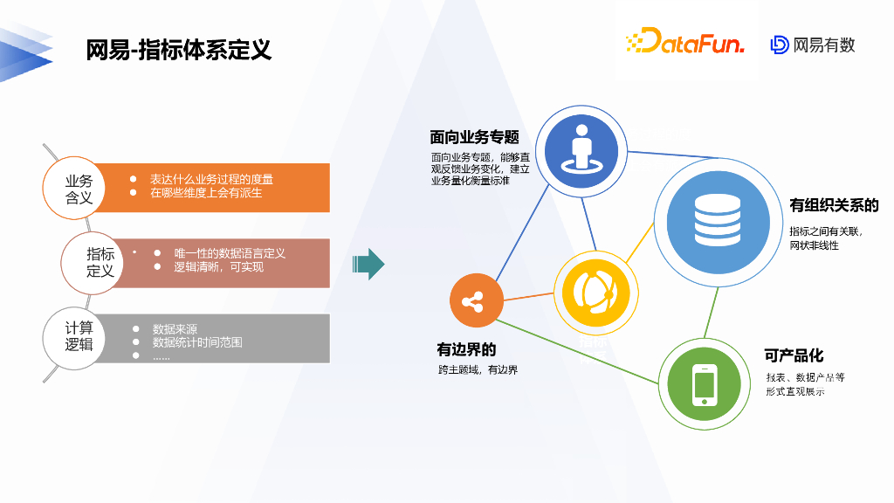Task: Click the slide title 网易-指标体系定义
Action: [179, 50]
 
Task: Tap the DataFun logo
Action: [684, 41]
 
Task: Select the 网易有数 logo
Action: [813, 45]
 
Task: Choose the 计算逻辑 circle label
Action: [79, 336]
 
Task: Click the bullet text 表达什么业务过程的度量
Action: [211, 179]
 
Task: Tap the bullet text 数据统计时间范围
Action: [197, 342]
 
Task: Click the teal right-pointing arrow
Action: [368, 264]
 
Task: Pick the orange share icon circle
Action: [474, 302]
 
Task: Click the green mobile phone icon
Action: [704, 385]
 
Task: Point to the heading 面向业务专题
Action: [474, 137]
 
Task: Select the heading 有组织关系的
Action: [834, 206]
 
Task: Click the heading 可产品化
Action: [794, 355]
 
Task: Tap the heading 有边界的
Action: [466, 349]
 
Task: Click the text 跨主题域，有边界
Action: [478, 370]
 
